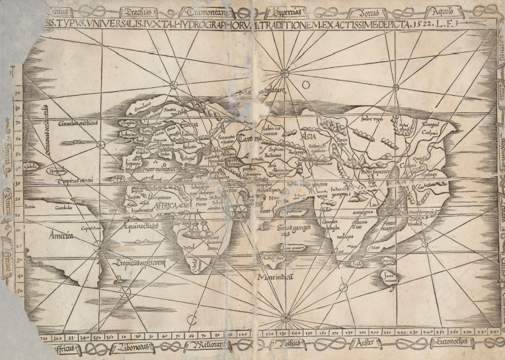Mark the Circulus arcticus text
[x=77, y=124]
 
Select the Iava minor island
[x=390, y=278]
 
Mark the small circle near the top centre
[x=307, y=85]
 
